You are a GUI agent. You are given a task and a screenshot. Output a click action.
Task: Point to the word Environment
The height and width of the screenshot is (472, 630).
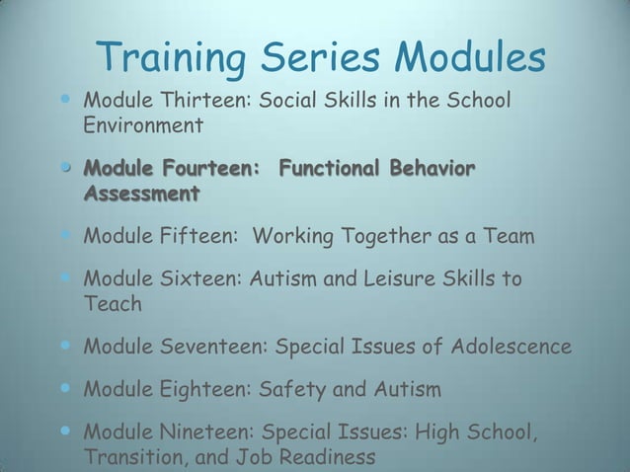click(143, 126)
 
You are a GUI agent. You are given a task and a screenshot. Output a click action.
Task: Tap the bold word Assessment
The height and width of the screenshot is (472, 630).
click(141, 193)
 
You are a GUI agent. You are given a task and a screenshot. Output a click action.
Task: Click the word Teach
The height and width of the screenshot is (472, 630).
click(113, 304)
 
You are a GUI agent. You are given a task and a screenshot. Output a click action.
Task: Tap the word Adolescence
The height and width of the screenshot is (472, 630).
click(511, 348)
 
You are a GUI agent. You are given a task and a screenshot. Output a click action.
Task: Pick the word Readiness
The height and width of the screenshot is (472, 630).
click(322, 458)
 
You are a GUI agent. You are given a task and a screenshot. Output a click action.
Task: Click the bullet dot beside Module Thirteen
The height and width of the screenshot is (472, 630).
click(66, 101)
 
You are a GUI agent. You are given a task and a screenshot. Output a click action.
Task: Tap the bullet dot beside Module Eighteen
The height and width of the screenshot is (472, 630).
click(66, 389)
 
